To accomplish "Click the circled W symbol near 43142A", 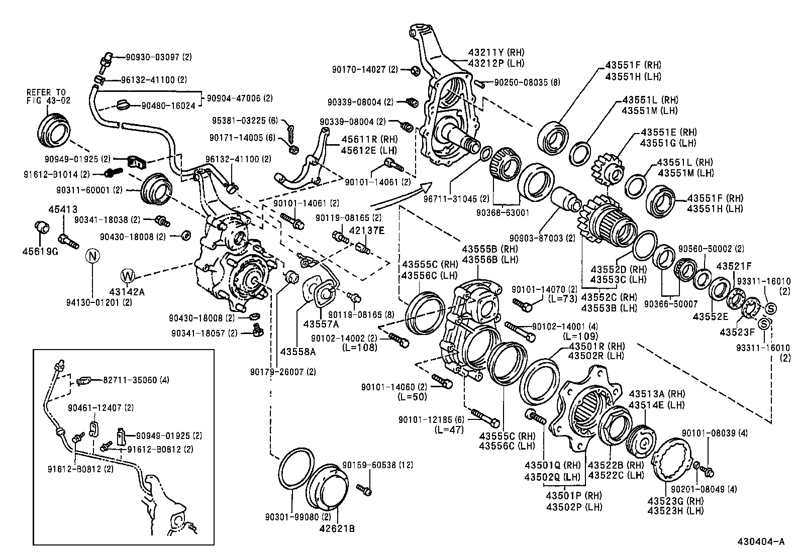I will (128, 275).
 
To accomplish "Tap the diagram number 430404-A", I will (760, 541).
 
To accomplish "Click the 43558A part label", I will (298, 352).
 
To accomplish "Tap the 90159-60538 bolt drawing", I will (365, 487).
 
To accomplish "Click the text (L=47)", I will (449, 429).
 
